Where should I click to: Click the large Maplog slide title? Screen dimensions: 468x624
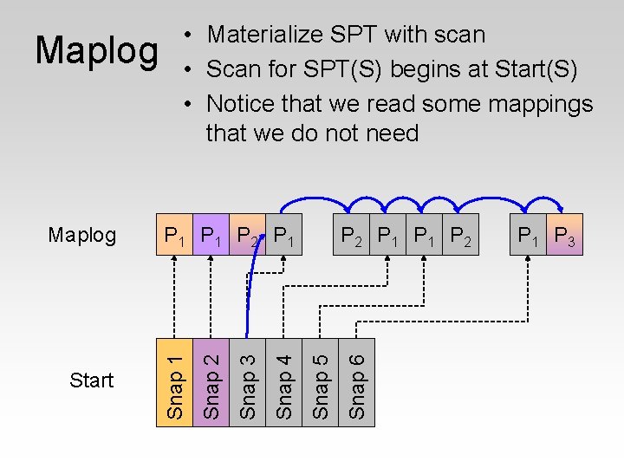pyautogui.click(x=97, y=50)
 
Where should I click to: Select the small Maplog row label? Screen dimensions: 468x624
pyautogui.click(x=82, y=235)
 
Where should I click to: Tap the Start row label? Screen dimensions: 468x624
pyautogui.click(x=92, y=380)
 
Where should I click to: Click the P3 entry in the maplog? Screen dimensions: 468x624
pyautogui.click(x=564, y=236)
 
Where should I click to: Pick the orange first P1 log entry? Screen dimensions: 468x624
pyautogui.click(x=174, y=236)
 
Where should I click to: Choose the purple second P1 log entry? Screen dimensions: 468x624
pyautogui.click(x=211, y=236)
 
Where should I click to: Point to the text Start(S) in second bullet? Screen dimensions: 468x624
pyautogui.click(x=532, y=68)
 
